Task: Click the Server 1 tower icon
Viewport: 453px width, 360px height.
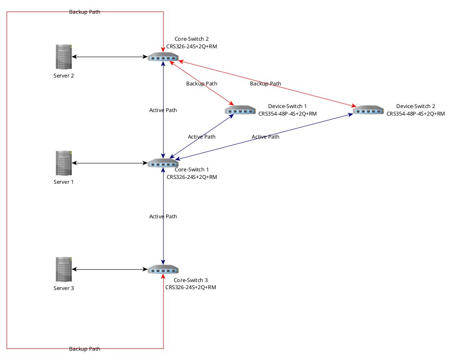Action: pos(64,163)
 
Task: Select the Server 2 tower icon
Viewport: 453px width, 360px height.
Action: pos(64,57)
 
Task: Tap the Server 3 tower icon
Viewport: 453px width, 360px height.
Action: pos(64,269)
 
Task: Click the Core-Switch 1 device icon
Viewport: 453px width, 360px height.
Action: pos(163,163)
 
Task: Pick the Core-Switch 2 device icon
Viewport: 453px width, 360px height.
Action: pos(163,57)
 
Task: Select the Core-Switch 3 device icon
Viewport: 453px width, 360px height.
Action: pos(163,269)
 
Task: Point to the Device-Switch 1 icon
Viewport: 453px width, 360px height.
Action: pos(240,110)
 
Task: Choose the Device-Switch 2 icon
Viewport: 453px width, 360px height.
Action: pos(368,110)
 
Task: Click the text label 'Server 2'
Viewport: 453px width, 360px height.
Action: pos(64,76)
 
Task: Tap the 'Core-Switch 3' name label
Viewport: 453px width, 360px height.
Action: pos(191,280)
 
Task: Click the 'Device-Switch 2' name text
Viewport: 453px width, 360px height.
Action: pos(415,106)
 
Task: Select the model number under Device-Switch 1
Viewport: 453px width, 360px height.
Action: pos(287,114)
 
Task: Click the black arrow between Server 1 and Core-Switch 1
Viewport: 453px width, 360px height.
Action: pos(109,163)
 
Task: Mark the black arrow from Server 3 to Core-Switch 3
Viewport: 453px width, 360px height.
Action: pos(109,269)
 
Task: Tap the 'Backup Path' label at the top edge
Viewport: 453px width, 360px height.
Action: pos(85,12)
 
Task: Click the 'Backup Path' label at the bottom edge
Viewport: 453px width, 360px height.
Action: pos(85,349)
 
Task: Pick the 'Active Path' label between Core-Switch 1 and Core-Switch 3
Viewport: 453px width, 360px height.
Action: pos(163,217)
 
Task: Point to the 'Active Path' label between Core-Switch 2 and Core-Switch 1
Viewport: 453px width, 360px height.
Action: pos(163,110)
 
